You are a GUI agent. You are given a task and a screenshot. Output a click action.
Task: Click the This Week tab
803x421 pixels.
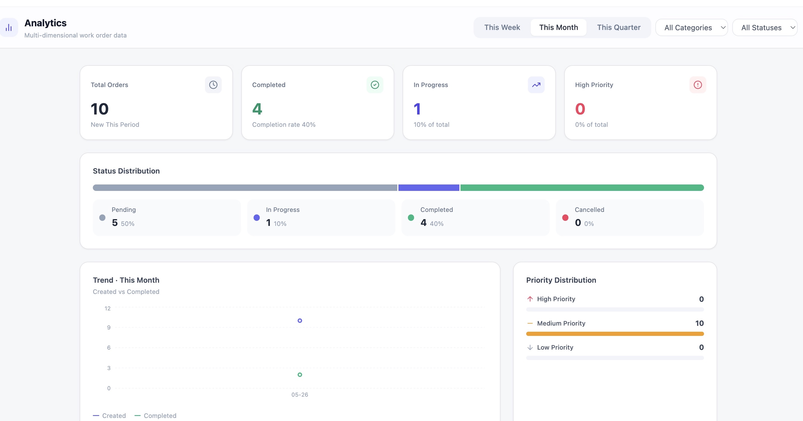tap(502, 27)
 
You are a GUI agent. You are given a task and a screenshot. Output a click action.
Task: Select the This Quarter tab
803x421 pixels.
tap(618, 27)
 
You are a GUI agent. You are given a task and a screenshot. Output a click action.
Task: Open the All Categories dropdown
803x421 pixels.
tap(691, 27)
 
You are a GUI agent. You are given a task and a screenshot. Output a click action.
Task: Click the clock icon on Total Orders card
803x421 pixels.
tap(213, 85)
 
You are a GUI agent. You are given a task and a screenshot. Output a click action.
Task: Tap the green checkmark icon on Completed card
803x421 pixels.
tap(375, 85)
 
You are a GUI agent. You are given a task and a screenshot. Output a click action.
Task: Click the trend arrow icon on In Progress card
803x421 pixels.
tap(536, 85)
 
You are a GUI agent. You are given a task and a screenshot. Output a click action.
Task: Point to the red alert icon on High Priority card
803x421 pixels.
tap(698, 85)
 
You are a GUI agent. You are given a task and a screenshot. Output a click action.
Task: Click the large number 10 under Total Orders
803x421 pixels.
tap(100, 109)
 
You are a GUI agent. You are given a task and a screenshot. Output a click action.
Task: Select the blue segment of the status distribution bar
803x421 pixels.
tap(429, 188)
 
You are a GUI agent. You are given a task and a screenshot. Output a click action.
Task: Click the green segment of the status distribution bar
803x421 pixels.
tap(582, 188)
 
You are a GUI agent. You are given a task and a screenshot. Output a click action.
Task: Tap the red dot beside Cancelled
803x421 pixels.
tap(565, 217)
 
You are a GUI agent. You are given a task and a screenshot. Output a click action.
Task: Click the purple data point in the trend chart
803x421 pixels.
tap(299, 321)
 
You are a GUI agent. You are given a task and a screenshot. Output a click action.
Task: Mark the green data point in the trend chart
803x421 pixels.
tap(299, 375)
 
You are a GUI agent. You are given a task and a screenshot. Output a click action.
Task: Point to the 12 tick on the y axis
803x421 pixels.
tap(108, 308)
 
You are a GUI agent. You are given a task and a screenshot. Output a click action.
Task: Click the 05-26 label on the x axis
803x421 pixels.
tap(299, 394)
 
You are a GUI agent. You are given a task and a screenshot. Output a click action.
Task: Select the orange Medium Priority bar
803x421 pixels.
tap(615, 334)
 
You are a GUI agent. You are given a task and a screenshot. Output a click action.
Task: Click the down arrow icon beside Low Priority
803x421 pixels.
tap(530, 347)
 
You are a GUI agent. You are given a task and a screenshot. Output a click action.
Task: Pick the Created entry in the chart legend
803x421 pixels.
tap(109, 415)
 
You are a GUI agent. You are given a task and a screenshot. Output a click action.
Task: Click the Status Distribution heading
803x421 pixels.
tap(126, 171)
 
